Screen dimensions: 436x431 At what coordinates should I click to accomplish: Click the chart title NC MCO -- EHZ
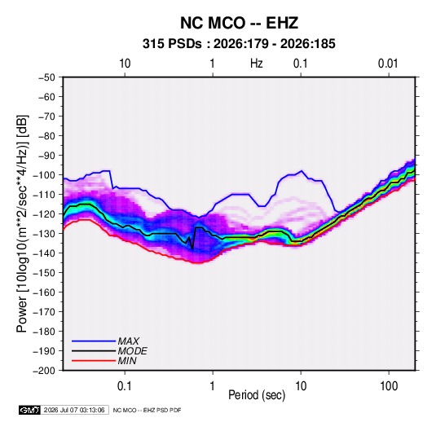[239, 23]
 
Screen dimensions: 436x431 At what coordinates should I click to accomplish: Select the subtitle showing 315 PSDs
[239, 44]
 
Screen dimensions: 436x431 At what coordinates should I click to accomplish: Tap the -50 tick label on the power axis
[46, 77]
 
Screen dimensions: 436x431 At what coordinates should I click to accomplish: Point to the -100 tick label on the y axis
[45, 175]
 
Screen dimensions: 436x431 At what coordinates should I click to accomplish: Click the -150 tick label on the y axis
[45, 273]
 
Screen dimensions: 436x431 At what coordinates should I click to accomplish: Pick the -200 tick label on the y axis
[45, 371]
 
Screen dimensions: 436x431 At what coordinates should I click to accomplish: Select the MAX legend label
[129, 341]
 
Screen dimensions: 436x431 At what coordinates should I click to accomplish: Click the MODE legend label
[132, 351]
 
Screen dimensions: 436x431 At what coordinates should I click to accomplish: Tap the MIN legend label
[127, 361]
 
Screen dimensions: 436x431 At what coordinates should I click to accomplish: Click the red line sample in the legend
[94, 361]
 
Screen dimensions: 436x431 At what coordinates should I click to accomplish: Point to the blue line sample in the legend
[94, 341]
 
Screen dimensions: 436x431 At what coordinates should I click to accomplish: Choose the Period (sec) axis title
[257, 395]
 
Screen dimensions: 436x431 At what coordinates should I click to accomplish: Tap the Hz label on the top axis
[257, 64]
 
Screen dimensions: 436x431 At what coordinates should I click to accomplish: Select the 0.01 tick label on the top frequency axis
[388, 64]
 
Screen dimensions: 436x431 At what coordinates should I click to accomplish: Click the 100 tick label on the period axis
[389, 386]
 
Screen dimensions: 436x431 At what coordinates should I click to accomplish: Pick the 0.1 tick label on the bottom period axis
[125, 386]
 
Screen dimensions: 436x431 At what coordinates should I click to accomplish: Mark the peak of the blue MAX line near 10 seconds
[302, 171]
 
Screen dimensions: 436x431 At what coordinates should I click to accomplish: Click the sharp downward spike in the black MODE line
[192, 248]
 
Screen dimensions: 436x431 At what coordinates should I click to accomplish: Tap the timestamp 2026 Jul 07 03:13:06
[74, 410]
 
